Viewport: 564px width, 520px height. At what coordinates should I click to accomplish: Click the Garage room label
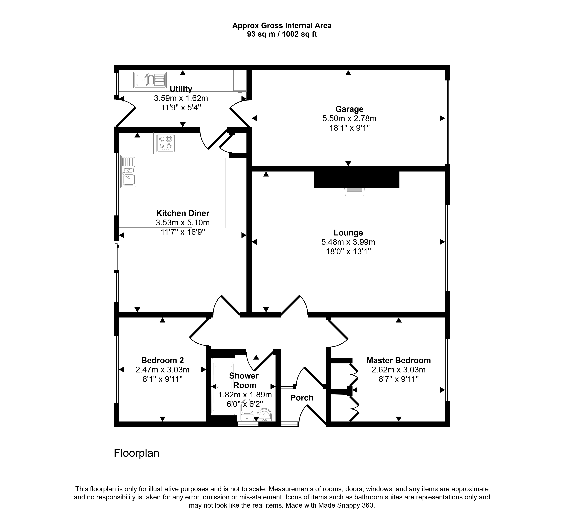click(x=349, y=109)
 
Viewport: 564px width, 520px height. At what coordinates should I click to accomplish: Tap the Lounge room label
click(x=348, y=233)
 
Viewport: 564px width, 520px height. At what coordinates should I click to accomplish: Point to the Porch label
click(x=302, y=398)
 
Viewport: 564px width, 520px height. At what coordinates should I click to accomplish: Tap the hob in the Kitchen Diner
click(x=166, y=143)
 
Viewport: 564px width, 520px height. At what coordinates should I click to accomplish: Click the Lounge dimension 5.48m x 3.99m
click(x=348, y=242)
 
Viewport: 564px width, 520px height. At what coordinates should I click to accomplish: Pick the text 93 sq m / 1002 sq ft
click(x=282, y=34)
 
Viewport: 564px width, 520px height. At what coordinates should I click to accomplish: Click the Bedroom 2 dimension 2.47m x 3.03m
click(x=162, y=370)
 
